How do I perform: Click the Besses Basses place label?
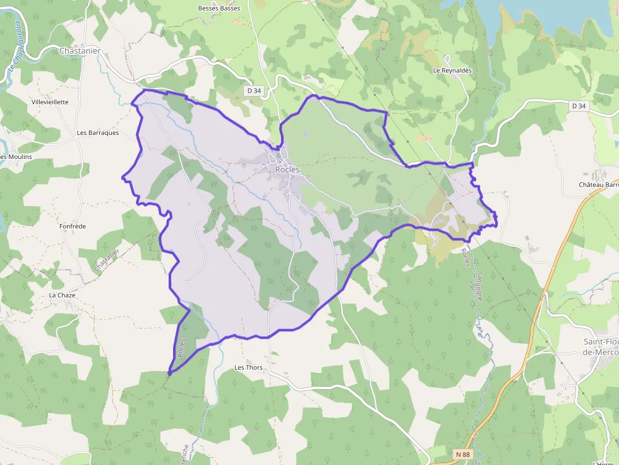tap(219, 8)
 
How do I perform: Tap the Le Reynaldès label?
tap(452, 71)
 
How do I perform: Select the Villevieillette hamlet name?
tap(50, 102)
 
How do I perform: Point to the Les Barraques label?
tap(97, 133)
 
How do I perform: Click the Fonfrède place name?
tap(72, 226)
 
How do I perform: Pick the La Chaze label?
tap(62, 295)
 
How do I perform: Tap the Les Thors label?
tap(248, 367)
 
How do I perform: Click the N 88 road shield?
tap(463, 454)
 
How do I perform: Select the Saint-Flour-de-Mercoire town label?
tap(600, 346)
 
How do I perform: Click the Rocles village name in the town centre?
tap(287, 170)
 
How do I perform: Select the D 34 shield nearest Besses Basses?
tap(254, 91)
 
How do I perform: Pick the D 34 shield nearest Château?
tap(579, 106)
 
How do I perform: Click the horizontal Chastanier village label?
tap(80, 50)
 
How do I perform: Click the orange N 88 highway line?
tap(537, 315)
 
